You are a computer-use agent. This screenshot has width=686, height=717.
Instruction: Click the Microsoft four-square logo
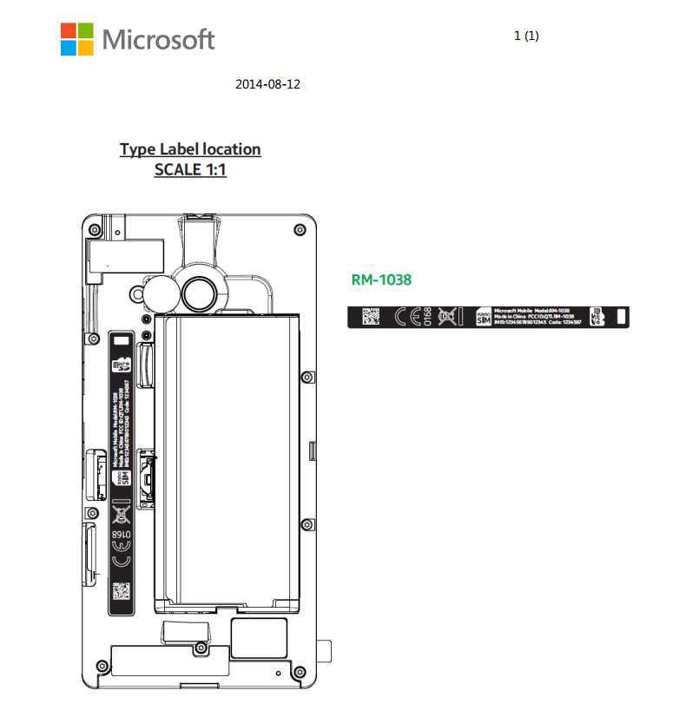click(76, 39)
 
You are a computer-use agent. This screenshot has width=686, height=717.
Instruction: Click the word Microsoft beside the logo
click(158, 39)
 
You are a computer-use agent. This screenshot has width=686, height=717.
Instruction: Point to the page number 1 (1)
click(526, 36)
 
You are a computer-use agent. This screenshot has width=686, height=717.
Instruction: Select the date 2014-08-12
click(267, 84)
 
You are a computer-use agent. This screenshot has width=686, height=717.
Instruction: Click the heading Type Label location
click(190, 149)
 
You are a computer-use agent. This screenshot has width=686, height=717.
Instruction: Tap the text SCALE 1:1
click(190, 170)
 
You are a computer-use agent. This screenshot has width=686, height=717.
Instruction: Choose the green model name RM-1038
click(381, 280)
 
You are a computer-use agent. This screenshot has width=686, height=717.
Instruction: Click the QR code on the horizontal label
click(371, 317)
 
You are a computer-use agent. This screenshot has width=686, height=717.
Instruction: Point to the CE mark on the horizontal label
click(407, 317)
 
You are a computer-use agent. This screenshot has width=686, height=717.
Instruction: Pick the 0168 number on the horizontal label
click(427, 317)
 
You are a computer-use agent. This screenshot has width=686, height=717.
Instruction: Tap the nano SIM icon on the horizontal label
click(483, 317)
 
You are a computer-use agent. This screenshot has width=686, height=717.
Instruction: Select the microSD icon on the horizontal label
click(597, 317)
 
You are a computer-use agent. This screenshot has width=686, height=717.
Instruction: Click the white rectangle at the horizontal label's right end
click(621, 317)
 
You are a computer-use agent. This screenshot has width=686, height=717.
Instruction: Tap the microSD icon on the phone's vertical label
click(122, 365)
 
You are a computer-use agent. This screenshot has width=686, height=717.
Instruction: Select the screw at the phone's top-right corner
click(300, 229)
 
